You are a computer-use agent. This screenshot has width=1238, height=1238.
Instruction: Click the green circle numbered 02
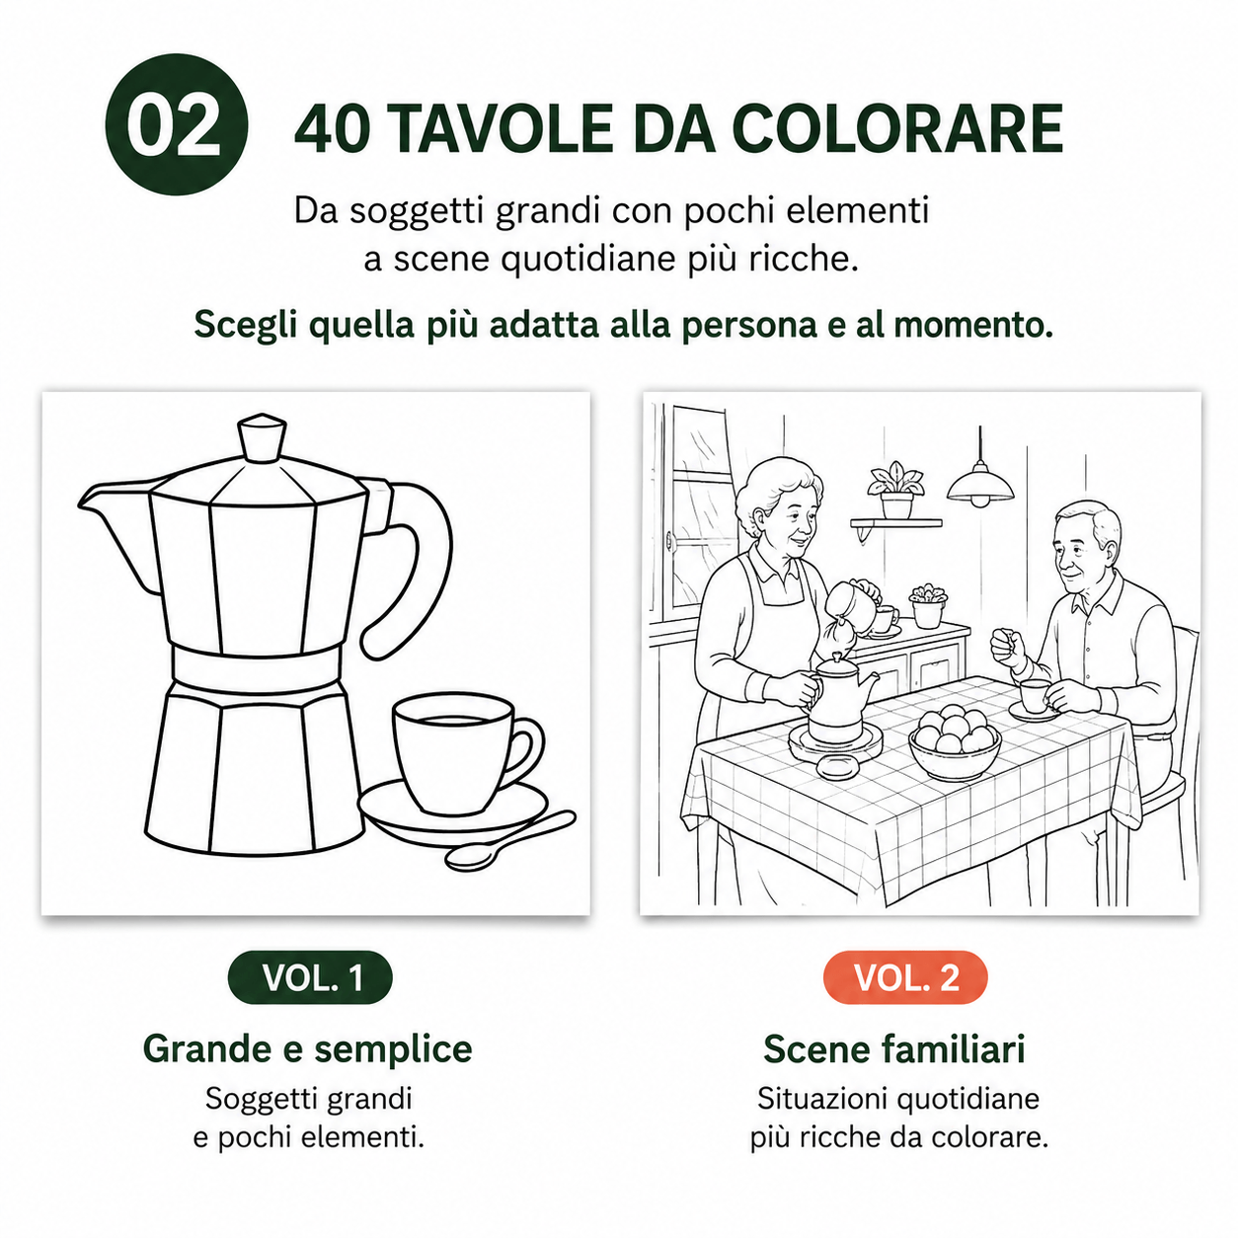tap(176, 124)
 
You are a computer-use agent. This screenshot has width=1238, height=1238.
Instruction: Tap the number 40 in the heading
tap(332, 128)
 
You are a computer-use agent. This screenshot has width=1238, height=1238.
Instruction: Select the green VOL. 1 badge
tap(310, 977)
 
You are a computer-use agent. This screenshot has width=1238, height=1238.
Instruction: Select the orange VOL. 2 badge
tap(905, 977)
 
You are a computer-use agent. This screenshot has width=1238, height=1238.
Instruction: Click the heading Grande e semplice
tap(308, 1049)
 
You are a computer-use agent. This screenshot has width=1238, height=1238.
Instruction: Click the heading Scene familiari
tap(894, 1049)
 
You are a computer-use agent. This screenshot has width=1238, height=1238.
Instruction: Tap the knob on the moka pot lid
tap(262, 437)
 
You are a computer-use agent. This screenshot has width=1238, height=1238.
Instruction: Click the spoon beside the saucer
tap(510, 840)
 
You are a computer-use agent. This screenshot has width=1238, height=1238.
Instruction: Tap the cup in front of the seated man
tap(1035, 696)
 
